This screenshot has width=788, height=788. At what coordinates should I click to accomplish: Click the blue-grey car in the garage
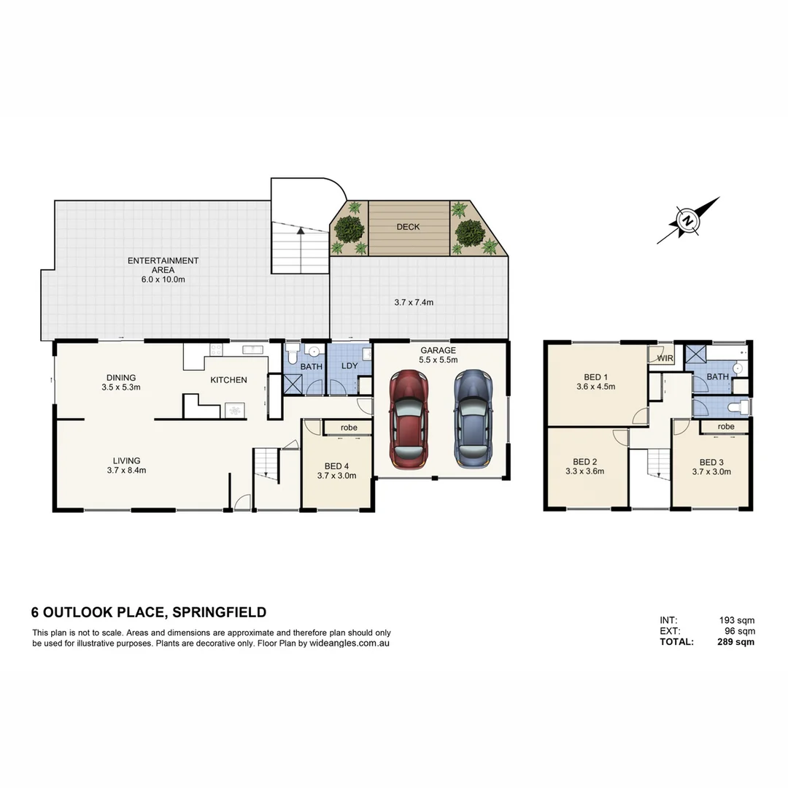472,419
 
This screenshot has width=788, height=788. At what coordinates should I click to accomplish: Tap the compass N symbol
687,220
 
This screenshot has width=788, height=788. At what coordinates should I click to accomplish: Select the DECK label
408,227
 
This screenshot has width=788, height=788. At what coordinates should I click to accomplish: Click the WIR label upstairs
665,359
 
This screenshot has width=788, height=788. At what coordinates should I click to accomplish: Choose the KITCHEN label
228,380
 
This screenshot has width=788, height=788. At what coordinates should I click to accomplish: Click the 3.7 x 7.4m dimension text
414,302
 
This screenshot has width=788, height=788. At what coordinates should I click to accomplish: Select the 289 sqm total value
735,642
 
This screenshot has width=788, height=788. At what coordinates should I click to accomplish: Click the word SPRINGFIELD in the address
218,612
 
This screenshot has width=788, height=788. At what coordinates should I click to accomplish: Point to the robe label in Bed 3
725,426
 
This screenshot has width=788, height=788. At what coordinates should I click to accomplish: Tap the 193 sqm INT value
737,620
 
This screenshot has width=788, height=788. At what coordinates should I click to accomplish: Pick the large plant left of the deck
350,229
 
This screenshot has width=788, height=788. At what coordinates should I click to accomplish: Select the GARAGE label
438,350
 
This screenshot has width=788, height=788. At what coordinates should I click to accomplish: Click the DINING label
121,377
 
